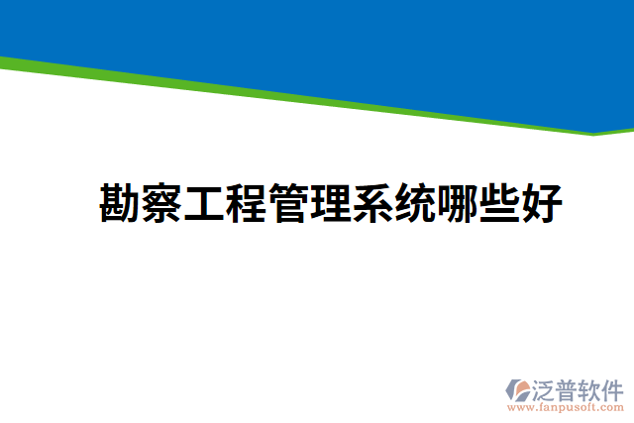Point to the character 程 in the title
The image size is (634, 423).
tap(248, 203)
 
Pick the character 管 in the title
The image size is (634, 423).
tap(289, 203)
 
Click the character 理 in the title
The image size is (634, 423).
tap(332, 203)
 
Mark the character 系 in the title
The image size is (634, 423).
tap(373, 203)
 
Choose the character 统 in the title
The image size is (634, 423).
tap(416, 203)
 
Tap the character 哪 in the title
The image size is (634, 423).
tap(459, 203)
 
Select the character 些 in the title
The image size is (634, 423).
tap(500, 203)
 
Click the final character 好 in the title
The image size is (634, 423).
tap(543, 203)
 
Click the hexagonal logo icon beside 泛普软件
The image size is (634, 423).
tap(519, 389)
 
